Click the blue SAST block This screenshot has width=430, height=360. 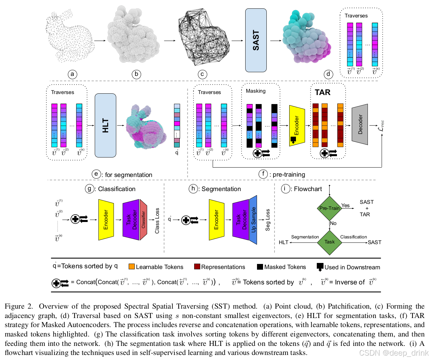click(256, 40)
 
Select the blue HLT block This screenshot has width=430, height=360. click(105, 125)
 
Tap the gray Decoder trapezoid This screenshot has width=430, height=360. click(359, 124)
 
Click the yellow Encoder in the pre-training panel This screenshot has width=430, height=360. click(297, 126)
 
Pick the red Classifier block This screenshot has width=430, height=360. click(143, 220)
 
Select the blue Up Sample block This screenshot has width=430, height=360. click(253, 220)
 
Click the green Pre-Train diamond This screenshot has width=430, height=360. click(329, 208)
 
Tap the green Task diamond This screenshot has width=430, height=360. click(329, 242)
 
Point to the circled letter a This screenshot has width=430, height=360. click(72, 74)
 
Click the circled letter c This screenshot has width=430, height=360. click(202, 74)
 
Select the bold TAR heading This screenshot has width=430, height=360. click(322, 92)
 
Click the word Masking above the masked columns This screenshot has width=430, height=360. click(256, 91)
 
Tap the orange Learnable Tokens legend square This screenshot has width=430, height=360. click(131, 267)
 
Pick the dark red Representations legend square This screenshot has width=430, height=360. click(197, 267)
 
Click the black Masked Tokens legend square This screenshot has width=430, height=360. click(260, 267)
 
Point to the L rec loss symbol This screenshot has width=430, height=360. click(381, 126)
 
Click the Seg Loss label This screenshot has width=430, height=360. click(267, 220)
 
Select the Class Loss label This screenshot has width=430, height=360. click(157, 221)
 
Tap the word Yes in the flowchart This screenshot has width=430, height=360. click(345, 206)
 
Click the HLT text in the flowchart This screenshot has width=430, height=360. click(284, 242)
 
